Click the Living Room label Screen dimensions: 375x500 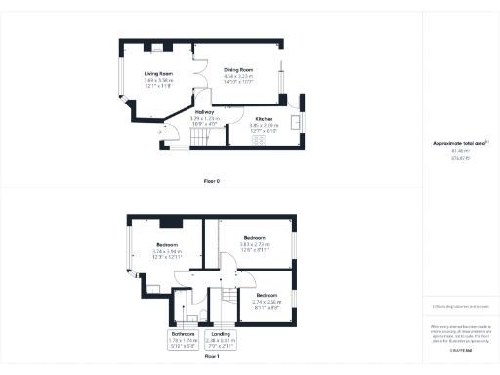(158, 73)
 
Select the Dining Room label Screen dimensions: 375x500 (238, 70)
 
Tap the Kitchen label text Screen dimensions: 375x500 (263, 119)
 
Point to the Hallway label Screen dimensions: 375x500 (204, 112)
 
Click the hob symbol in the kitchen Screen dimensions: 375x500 (260, 139)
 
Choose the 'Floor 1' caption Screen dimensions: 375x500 (211, 357)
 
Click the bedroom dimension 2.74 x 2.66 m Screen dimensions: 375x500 (268, 302)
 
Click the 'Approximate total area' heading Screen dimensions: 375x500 (459, 144)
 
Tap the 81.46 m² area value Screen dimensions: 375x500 (459, 152)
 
